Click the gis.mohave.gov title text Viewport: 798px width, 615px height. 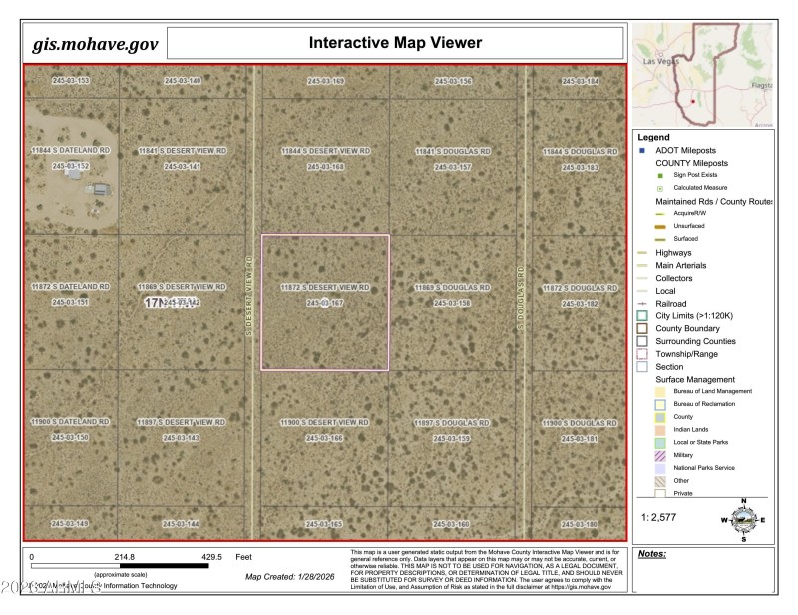96,44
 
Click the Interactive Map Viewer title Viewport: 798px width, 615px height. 395,43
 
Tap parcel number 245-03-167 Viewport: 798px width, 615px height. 325,302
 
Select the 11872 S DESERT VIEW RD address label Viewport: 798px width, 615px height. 325,288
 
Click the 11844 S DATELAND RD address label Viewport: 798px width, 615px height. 71,150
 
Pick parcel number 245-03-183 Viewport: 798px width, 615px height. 579,167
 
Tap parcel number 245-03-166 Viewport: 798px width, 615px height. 325,438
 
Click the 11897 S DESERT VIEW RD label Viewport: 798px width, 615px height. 183,423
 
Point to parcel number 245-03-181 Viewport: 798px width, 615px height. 579,438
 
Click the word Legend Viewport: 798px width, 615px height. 655,137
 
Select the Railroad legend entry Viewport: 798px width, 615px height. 671,303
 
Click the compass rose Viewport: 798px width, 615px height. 743,518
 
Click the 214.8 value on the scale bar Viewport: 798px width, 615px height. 123,557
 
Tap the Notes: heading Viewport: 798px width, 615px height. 652,553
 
